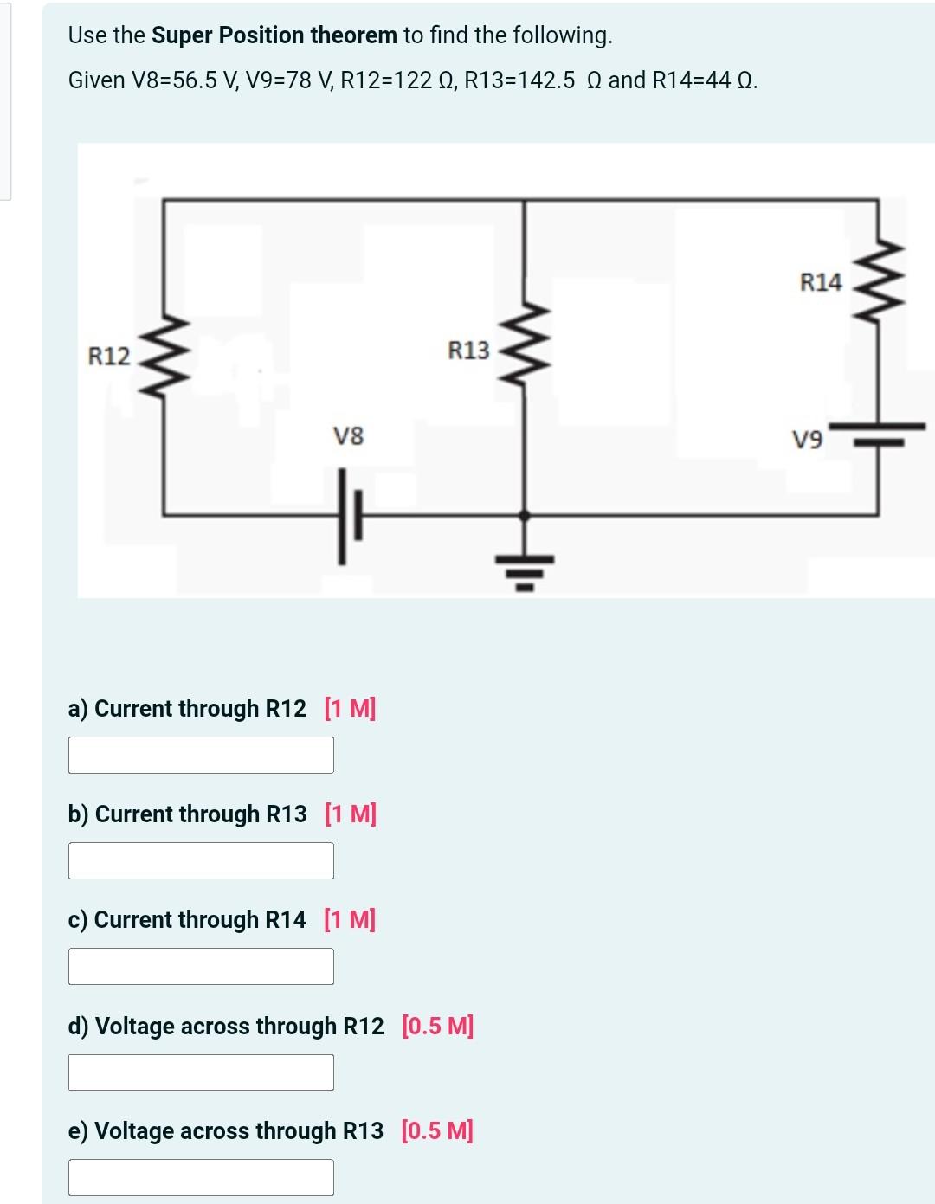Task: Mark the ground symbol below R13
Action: click(x=524, y=571)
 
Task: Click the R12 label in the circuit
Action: click(x=109, y=356)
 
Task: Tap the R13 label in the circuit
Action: click(x=468, y=351)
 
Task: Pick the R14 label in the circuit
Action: click(x=820, y=282)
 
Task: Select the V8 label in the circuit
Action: click(x=349, y=435)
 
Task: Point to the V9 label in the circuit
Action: click(x=807, y=441)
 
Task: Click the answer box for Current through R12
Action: click(x=201, y=755)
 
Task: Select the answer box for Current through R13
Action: click(x=201, y=860)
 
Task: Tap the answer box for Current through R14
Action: click(x=201, y=966)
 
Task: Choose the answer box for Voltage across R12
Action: click(x=201, y=1072)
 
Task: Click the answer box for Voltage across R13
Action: click(x=201, y=1177)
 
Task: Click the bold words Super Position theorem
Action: click(x=274, y=35)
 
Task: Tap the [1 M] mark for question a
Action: click(x=350, y=709)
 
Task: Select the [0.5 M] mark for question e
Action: click(x=437, y=1131)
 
